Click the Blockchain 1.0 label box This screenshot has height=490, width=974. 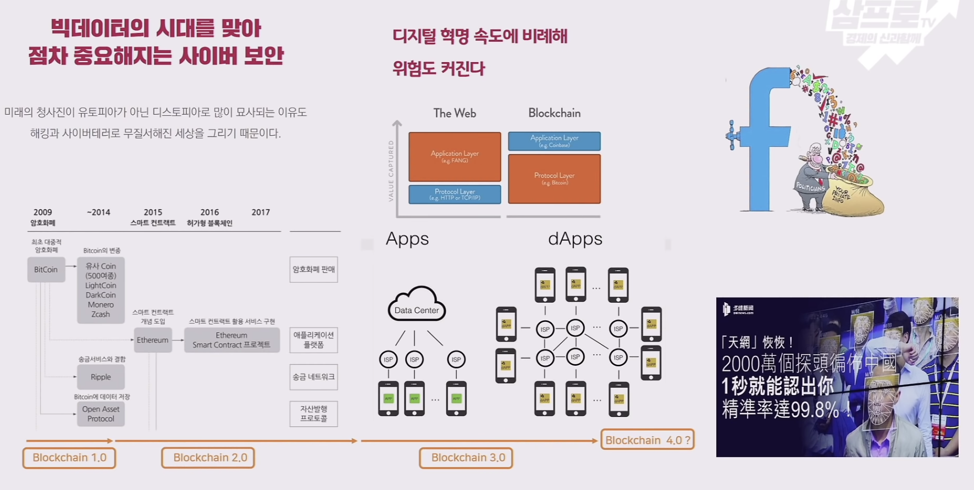[69, 458]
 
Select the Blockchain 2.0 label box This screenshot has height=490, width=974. [208, 458]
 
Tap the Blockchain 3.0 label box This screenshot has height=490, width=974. [466, 458]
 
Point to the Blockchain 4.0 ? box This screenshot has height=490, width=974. [648, 439]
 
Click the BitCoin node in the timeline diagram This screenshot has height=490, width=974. [46, 270]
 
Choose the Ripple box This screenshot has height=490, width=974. [101, 377]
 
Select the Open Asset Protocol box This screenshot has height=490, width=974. [101, 414]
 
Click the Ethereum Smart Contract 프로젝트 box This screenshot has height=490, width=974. [231, 340]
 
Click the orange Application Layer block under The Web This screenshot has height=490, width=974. [455, 157]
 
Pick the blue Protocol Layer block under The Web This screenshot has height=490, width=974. [455, 194]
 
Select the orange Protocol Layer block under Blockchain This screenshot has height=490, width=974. [554, 179]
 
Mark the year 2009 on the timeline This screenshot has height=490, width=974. [42, 212]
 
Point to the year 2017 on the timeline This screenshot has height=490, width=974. [261, 212]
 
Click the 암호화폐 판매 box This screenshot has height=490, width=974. [313, 269]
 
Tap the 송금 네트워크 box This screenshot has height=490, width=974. [313, 377]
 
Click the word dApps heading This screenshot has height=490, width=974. [575, 239]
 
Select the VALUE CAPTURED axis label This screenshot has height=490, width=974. [391, 170]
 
